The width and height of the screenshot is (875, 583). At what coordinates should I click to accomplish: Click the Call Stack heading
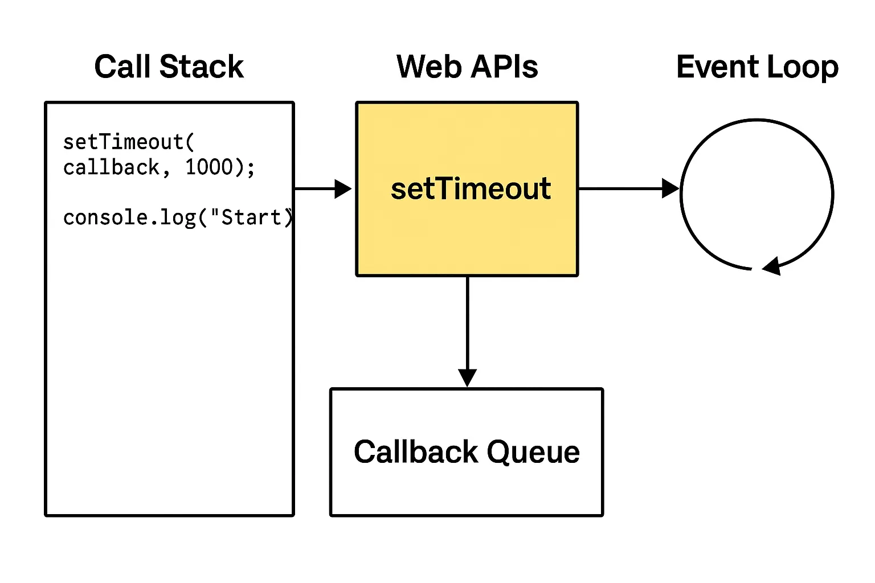coord(169,67)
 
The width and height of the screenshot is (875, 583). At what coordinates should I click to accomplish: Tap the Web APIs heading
coord(467,67)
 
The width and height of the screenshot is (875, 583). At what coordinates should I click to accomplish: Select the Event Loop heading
coord(757,67)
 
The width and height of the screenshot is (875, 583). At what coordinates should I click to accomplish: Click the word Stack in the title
coord(202,67)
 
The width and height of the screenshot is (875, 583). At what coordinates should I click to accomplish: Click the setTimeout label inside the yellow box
coord(471,188)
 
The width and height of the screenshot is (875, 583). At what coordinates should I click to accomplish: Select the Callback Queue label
coord(467,452)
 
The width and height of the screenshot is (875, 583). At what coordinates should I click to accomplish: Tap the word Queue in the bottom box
coord(533,452)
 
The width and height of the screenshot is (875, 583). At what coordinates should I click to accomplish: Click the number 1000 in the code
coord(210,167)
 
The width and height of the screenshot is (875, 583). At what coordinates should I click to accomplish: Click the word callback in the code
coord(112,167)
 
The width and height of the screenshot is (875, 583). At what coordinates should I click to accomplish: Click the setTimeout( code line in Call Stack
coord(129,142)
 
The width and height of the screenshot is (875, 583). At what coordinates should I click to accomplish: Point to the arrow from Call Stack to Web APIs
coord(322,188)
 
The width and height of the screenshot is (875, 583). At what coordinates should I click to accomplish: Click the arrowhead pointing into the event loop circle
coord(670,188)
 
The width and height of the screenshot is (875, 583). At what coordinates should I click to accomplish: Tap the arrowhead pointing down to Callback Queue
coord(467,377)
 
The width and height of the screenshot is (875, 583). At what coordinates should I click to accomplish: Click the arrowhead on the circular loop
coord(771,266)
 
